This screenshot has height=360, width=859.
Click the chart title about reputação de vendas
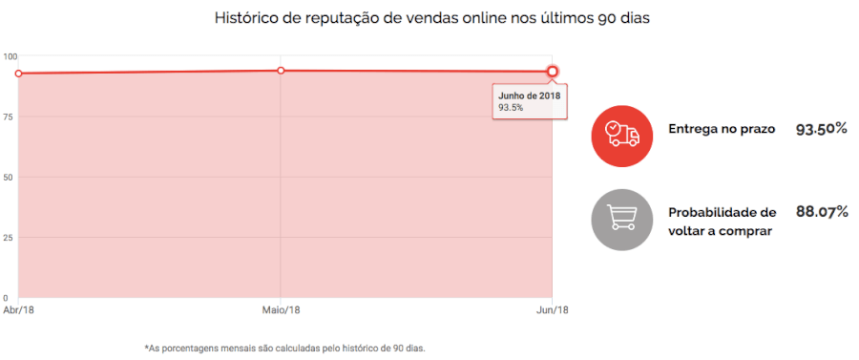[432, 18]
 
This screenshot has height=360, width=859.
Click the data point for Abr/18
[18, 74]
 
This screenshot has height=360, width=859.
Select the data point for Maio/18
[281, 71]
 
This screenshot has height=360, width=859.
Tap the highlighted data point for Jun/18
[553, 72]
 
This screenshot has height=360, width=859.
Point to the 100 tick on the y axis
[10, 56]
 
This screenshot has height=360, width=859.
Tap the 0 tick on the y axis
[6, 298]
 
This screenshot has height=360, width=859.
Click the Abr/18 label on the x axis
[18, 310]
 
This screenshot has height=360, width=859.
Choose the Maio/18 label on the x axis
[281, 310]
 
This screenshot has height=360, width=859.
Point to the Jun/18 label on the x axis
[553, 310]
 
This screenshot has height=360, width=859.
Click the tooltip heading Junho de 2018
[529, 95]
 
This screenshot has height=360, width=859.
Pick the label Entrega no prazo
[721, 129]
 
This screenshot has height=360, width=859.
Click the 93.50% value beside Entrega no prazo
[821, 129]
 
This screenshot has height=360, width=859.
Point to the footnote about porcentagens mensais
[284, 348]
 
